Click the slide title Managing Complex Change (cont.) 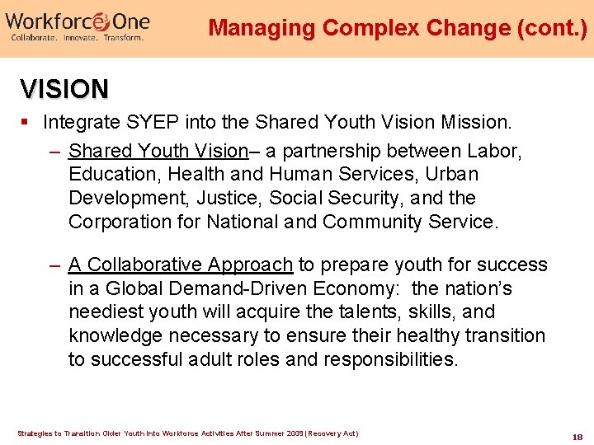[x=398, y=28]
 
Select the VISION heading [x=64, y=88]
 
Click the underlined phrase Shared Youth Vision [x=158, y=152]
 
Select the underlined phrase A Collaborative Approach [x=181, y=265]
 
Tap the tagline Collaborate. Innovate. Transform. [x=77, y=38]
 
